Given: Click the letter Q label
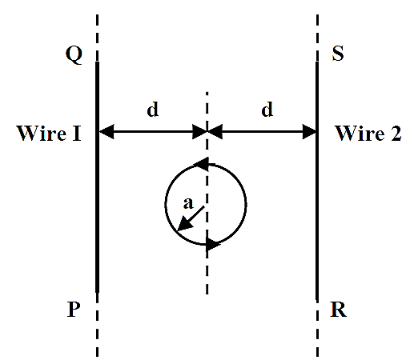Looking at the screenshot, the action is (74, 55).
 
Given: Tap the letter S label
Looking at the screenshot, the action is (338, 54).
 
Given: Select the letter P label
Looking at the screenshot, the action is (74, 310).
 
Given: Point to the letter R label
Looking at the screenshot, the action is (339, 310).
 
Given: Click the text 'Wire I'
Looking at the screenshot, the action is (49, 133).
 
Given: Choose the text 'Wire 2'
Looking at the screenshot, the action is (368, 133).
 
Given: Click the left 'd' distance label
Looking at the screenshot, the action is (153, 109).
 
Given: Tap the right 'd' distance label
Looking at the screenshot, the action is (267, 109).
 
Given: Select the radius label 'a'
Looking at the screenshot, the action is (188, 203).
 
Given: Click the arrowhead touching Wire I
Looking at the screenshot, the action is (107, 131).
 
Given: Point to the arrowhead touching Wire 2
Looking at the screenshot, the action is (309, 131).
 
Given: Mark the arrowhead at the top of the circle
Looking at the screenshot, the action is (202, 164).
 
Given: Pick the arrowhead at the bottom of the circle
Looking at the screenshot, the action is (213, 243).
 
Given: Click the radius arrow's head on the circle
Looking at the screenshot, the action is (185, 223).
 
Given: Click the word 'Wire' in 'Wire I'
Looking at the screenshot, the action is (42, 133).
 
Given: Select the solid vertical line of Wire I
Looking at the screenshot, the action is (98, 178).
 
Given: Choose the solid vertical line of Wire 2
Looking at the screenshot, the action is (317, 182).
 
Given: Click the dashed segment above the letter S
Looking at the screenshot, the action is (317, 38).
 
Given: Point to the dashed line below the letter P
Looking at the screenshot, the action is (97, 325).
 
